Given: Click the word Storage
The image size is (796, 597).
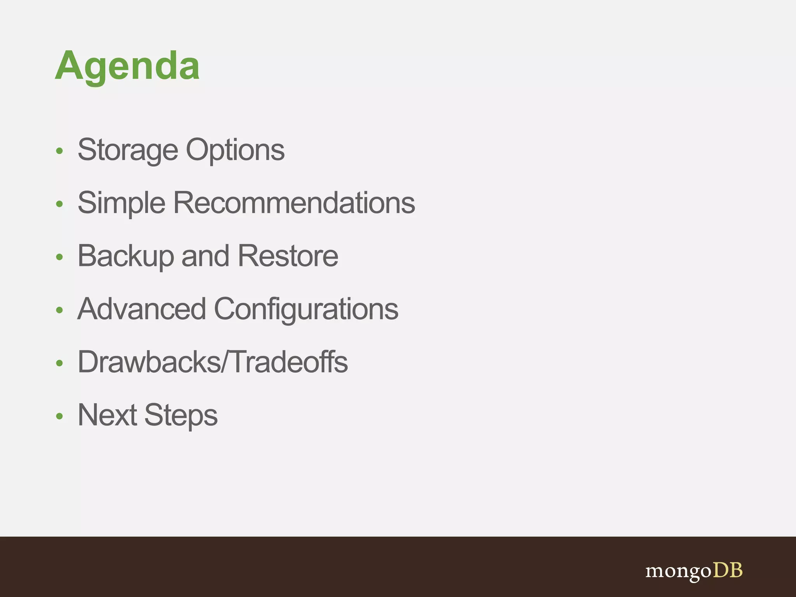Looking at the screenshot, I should coord(127,150).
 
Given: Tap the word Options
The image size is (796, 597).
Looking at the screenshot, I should coord(235,150).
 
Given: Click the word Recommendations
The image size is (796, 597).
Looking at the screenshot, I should coord(294,203).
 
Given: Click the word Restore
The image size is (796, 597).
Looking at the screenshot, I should coord(288,256).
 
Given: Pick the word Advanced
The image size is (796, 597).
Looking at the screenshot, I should coord(141,309).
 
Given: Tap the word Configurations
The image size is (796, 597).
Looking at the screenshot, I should coord(306,309).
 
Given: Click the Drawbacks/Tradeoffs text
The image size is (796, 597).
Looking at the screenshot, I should coord(213,362).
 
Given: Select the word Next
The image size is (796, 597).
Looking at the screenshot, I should coord(107,415).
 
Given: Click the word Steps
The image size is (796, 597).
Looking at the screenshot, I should coord(181,415).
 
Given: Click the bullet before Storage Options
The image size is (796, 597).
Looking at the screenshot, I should coord(59,151).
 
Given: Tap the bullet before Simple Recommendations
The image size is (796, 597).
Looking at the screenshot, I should coord(59,204).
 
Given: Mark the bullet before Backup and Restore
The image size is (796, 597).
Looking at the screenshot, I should coord(59,257).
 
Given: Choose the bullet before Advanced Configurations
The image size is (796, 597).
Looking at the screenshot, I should coord(59,310).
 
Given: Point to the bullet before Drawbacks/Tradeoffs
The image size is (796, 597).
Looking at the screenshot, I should coord(59,363).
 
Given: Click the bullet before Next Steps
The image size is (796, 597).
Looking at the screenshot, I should coord(59,416).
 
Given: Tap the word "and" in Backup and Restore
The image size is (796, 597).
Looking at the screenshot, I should coord(205,256).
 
